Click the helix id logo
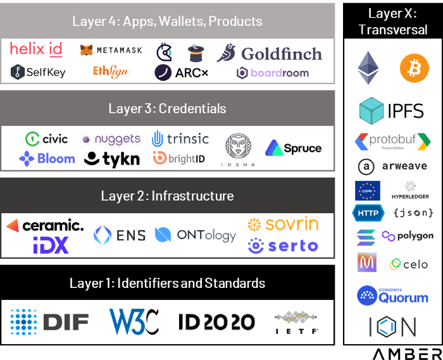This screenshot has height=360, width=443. (36, 49)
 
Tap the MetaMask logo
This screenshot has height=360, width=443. (111, 50)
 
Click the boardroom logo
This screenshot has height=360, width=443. (273, 73)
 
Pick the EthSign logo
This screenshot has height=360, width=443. (111, 71)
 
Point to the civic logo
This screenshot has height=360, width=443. (46, 139)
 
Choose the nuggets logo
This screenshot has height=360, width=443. (111, 139)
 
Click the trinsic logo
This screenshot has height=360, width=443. (180, 139)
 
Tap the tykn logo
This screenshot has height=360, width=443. (112, 158)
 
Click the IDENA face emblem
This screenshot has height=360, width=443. (239, 146)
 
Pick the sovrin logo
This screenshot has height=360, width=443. (283, 224)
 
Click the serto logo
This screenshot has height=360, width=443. (283, 246)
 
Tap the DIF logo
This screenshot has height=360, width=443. (49, 322)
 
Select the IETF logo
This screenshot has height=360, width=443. (296, 322)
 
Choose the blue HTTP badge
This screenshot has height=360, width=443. (368, 213)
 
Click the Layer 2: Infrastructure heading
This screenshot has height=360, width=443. (167, 196)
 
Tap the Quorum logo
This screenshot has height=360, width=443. (386, 295)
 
